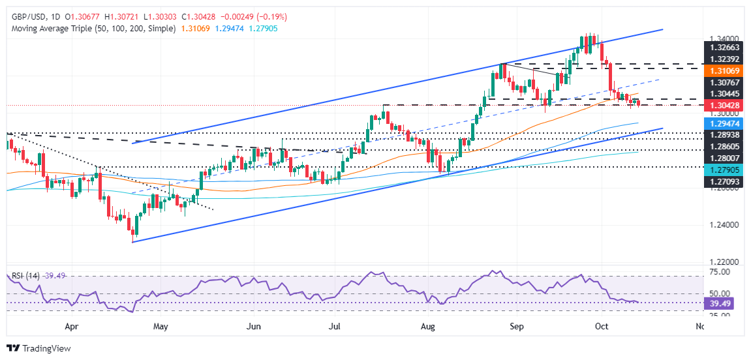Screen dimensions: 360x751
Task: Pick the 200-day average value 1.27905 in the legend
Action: coord(266,29)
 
